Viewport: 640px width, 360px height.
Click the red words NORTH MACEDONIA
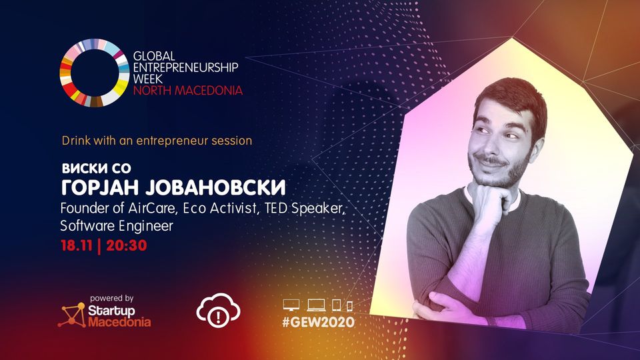pos(188,90)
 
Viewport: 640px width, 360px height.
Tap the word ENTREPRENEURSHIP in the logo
pos(186,67)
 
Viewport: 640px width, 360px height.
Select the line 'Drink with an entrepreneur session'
pos(157,141)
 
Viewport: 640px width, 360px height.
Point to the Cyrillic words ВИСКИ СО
pos(96,168)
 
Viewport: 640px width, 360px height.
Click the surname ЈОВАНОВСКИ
pos(215,188)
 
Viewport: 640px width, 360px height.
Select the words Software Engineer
pos(117,226)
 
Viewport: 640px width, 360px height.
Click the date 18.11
pos(77,245)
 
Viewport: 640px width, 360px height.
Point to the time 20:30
pos(126,245)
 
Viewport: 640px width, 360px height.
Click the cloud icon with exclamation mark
pos(219,310)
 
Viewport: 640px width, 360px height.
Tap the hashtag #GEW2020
pos(319,322)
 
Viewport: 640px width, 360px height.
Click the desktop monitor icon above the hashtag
pos(291,305)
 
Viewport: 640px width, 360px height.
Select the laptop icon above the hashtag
pos(316,305)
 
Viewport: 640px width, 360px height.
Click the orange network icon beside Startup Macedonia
pos(72,315)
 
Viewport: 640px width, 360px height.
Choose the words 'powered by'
pos(112,299)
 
